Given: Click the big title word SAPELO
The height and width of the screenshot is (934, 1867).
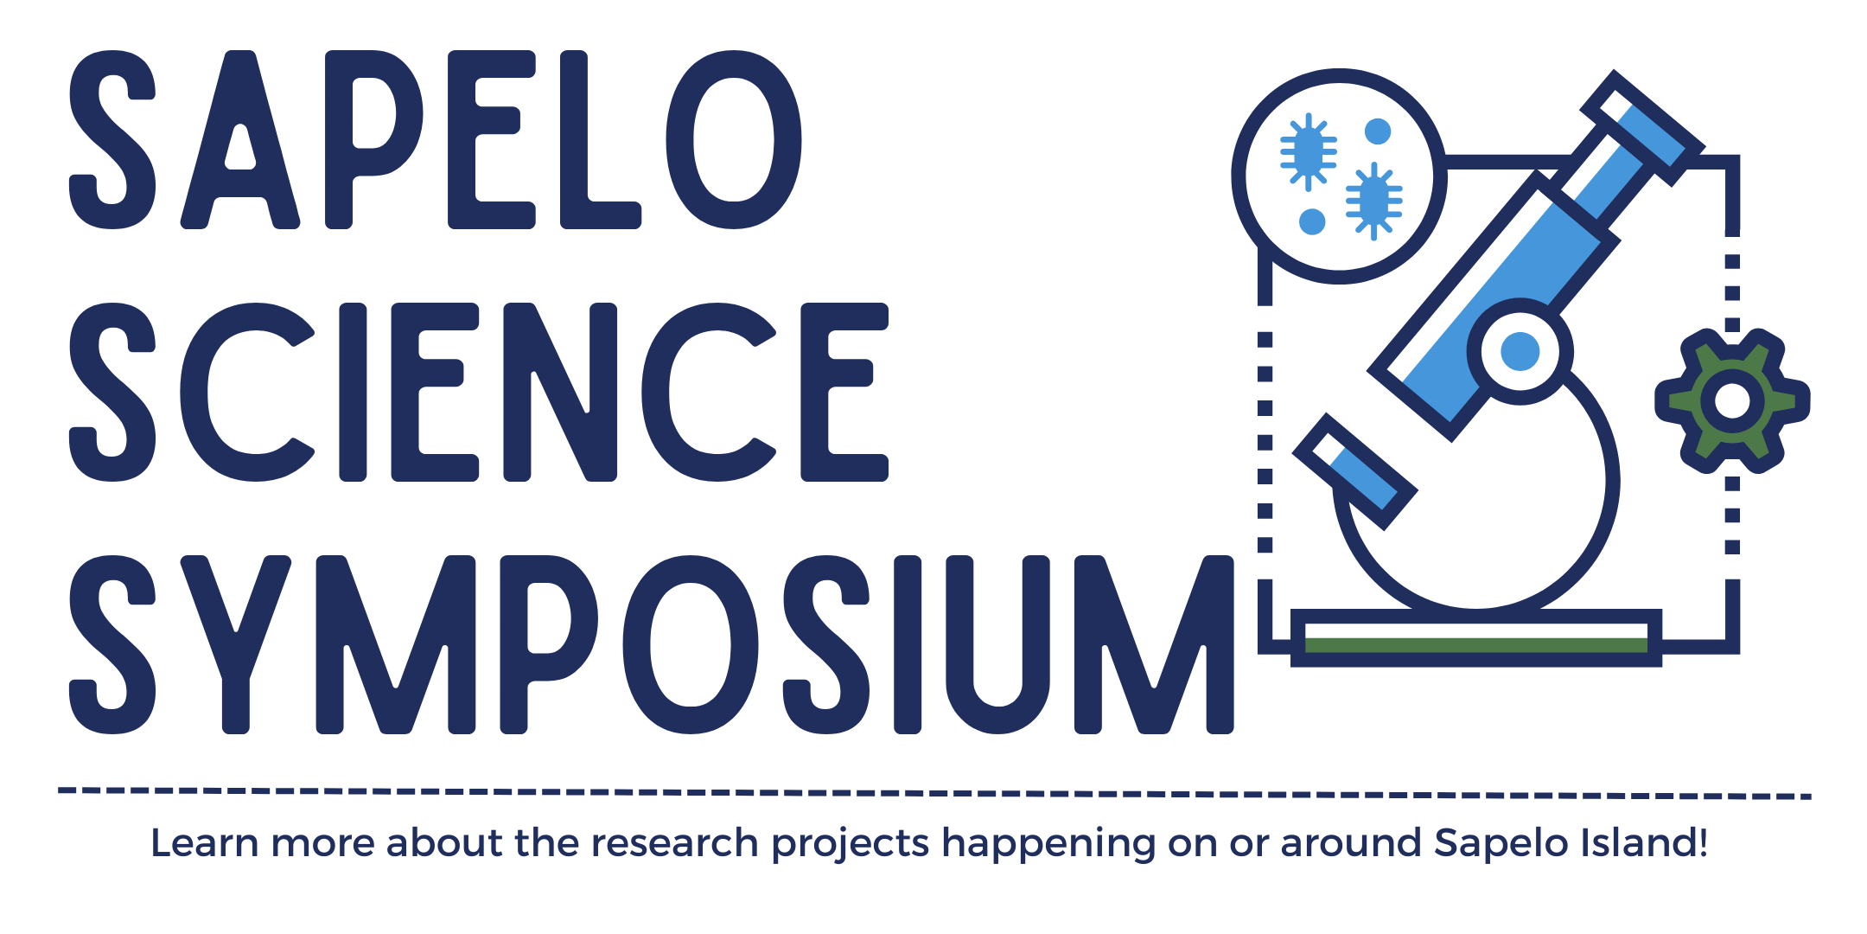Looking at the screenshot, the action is pyautogui.click(x=435, y=140).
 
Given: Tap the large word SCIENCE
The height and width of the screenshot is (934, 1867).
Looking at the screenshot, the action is pyautogui.click(x=479, y=392).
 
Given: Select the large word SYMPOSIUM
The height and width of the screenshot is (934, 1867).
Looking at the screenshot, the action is pyautogui.click(x=652, y=644).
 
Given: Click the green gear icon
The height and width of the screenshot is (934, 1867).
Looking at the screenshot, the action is pyautogui.click(x=1732, y=400).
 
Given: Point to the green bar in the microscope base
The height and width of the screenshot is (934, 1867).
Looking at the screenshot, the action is pyautogui.click(x=1476, y=645).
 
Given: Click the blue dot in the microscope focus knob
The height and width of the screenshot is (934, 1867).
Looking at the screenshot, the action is pyautogui.click(x=1520, y=351).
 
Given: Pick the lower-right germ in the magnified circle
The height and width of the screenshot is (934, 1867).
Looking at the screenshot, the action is pyautogui.click(x=1373, y=202).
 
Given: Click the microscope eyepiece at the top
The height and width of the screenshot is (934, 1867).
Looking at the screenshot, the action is pyautogui.click(x=1642, y=128).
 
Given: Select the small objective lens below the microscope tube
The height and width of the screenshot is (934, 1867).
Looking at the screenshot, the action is pyautogui.click(x=1354, y=471).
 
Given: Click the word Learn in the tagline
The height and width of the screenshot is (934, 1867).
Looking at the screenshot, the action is pyautogui.click(x=205, y=843).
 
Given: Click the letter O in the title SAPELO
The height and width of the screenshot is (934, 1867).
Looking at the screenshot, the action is pyautogui.click(x=734, y=140).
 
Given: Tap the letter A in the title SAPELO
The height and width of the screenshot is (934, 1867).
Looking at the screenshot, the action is pyautogui.click(x=240, y=140).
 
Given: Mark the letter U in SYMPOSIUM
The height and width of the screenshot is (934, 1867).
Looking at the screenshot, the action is pyautogui.click(x=998, y=645).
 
